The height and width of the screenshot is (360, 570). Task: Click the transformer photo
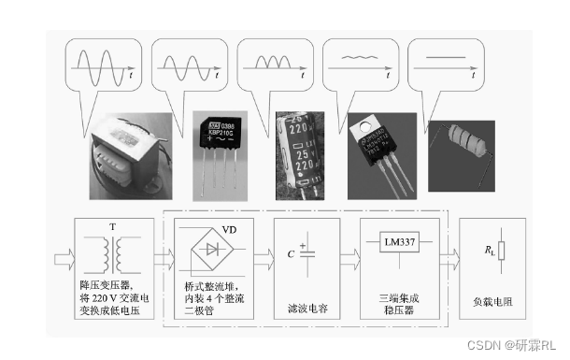pyautogui.click(x=124, y=154)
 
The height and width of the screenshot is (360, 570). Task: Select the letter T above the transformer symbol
pyautogui.click(x=113, y=227)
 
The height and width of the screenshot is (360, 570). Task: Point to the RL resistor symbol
pyautogui.click(x=502, y=251)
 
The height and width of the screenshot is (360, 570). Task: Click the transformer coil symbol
pyautogui.click(x=113, y=252)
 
